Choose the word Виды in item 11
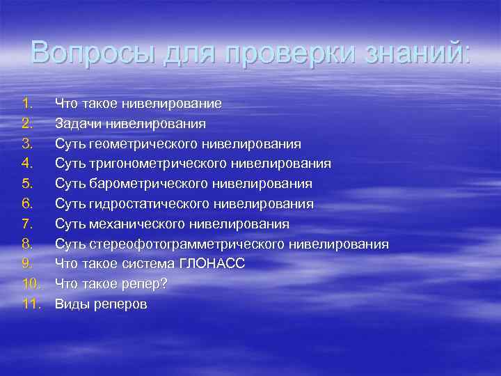70,305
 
